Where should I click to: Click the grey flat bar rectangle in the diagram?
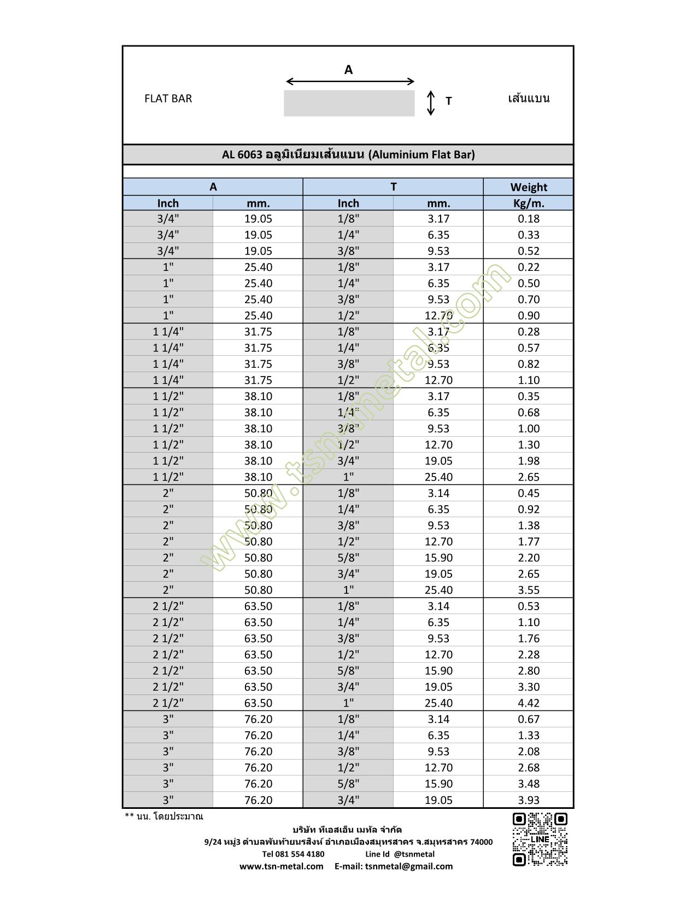(349, 103)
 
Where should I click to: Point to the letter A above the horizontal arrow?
(348, 70)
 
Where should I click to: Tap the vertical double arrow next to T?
(431, 103)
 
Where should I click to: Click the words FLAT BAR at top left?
(168, 99)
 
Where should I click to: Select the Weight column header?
(528, 187)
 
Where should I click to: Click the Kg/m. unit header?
(528, 203)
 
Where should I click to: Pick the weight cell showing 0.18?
(528, 219)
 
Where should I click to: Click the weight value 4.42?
(528, 703)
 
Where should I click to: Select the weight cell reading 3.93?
(528, 800)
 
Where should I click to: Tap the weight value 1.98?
(528, 461)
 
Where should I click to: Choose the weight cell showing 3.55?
(528, 590)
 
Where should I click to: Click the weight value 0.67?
(528, 719)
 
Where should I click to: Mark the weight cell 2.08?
(528, 751)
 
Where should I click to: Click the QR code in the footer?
(540, 840)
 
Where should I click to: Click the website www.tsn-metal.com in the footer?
(281, 866)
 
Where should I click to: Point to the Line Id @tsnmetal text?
(400, 854)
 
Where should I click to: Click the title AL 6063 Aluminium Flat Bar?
(348, 154)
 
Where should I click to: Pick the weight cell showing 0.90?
(528, 316)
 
